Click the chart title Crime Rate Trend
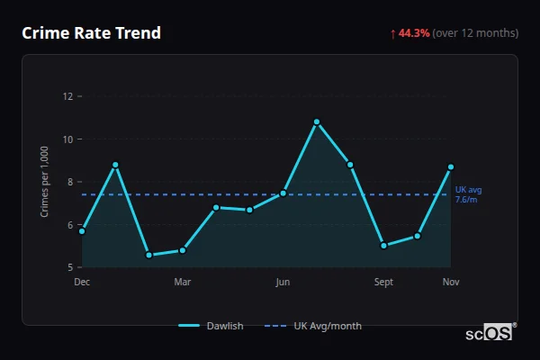92,33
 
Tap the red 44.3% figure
415,33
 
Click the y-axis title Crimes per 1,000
45,180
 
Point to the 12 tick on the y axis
67,96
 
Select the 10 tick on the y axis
67,139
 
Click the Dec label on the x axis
82,283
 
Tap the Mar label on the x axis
183,283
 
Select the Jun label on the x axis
283,283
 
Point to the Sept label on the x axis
384,283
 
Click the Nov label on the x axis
451,283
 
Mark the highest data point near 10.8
317,121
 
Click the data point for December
82,231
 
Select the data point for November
451,166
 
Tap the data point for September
383,246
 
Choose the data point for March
183,250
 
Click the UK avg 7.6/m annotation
469,193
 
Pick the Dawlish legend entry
212,326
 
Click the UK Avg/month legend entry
315,326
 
